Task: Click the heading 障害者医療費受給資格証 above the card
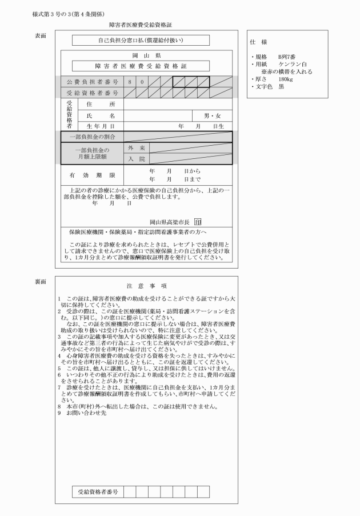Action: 140,25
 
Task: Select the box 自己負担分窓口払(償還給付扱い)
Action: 141,41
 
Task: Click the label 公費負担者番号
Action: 92,82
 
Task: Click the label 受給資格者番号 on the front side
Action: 92,93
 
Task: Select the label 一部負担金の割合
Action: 92,137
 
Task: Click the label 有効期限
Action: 92,175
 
